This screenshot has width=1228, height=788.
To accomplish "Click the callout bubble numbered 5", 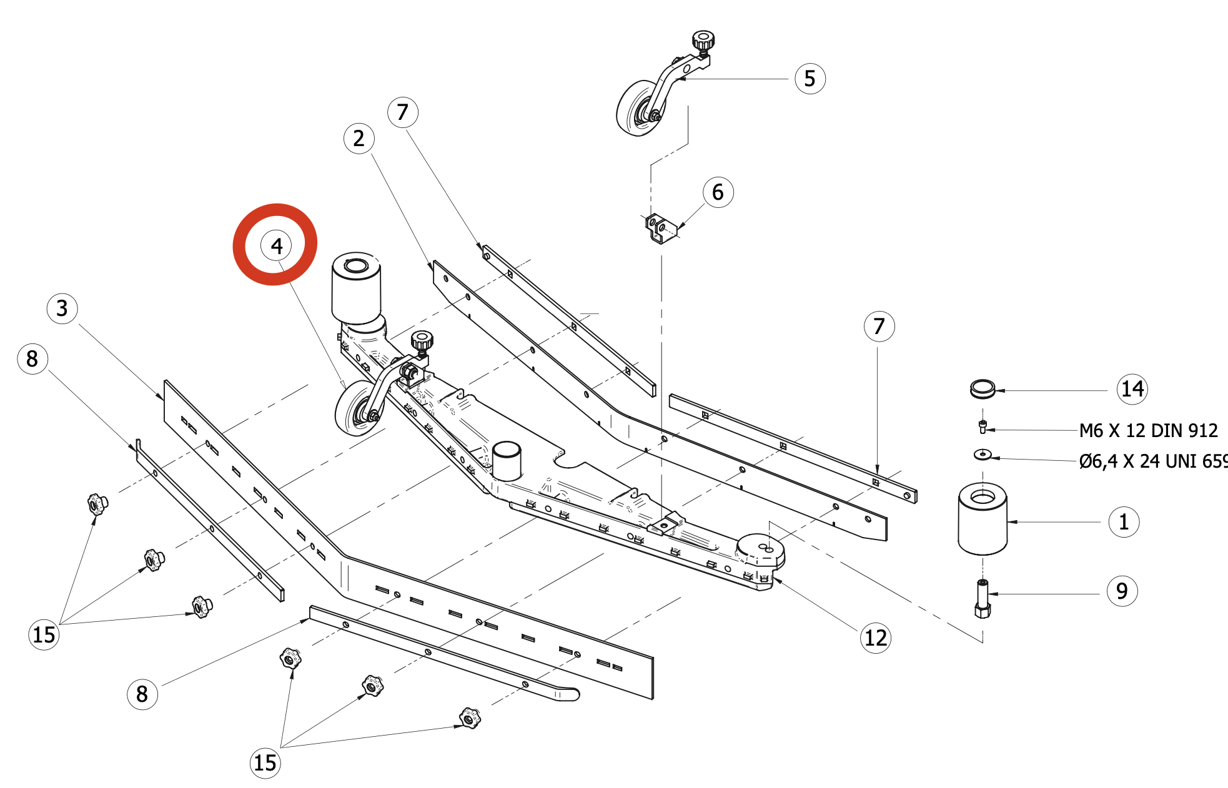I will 810,79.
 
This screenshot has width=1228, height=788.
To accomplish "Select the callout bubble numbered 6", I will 718,192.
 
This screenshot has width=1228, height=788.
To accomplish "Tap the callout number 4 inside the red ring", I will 276,245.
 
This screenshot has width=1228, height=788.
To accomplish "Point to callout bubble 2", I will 359,138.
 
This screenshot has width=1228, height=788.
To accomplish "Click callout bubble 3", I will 62,308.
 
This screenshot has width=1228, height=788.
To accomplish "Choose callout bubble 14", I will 1132,389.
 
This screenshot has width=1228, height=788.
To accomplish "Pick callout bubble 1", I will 1123,522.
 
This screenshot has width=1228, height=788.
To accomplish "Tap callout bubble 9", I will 1122,591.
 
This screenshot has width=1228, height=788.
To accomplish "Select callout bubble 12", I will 875,638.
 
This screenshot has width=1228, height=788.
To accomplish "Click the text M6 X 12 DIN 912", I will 1148,431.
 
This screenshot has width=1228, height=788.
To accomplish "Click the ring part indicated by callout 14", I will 983,388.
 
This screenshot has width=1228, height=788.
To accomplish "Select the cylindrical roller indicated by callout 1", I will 983,520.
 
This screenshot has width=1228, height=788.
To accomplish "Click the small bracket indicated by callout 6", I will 660,227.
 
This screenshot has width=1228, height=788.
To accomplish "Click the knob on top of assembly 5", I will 703,41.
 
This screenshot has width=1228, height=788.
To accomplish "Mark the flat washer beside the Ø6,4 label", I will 983,454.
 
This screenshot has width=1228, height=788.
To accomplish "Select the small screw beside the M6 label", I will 983,427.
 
